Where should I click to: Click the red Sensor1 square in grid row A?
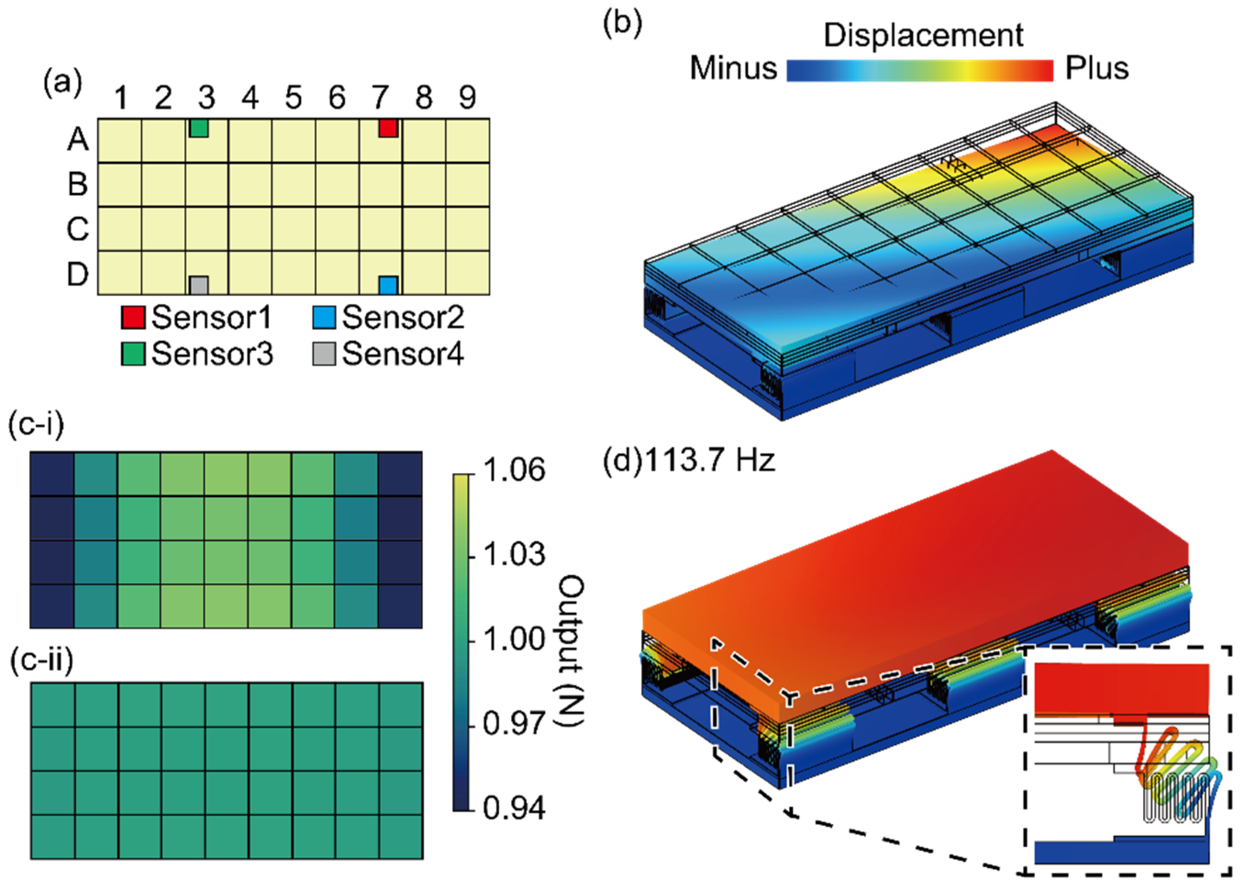(388, 128)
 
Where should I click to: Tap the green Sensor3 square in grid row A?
(199, 128)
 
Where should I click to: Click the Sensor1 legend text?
(211, 317)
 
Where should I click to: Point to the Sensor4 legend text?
(403, 354)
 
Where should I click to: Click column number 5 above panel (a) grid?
(294, 98)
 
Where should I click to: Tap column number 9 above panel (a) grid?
(467, 98)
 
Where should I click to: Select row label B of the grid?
(78, 184)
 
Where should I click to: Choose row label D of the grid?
(78, 274)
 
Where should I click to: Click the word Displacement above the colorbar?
(923, 36)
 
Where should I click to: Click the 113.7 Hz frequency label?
(711, 460)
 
